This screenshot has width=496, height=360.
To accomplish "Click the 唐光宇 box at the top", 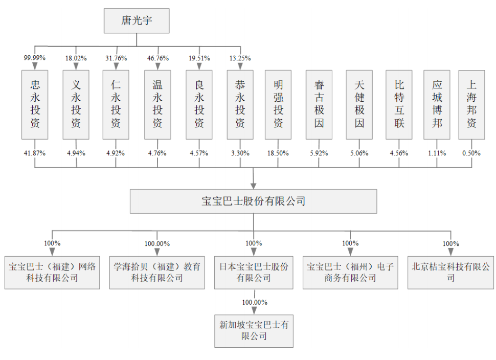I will (137, 21).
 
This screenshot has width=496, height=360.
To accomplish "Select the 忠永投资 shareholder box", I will (35, 104).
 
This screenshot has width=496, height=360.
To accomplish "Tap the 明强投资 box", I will (278, 104).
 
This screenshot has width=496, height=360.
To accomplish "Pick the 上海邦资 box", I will (471, 104).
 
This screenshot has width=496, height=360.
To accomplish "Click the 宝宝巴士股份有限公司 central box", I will (253, 201).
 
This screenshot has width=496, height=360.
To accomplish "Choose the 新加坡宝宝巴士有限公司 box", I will (254, 330).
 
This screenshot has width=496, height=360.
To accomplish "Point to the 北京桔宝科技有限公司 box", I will (450, 272).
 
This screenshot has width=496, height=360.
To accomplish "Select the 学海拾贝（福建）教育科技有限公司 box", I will (157, 272).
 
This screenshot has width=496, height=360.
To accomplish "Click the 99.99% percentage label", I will (35, 58).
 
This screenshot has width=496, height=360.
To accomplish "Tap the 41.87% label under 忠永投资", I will (35, 153).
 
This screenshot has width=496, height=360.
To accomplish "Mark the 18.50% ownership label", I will (278, 153).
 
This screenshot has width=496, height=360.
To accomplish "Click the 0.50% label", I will (471, 153).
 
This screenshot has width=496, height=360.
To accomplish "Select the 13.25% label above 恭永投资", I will (240, 58).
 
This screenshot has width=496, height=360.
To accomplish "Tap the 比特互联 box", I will (399, 104).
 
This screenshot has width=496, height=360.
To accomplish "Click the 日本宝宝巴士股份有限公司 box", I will (254, 272).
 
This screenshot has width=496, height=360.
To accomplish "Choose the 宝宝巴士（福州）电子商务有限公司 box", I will (350, 272).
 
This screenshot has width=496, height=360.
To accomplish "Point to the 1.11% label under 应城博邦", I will (437, 153).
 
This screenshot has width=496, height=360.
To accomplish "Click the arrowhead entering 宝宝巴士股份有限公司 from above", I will (254, 185).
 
